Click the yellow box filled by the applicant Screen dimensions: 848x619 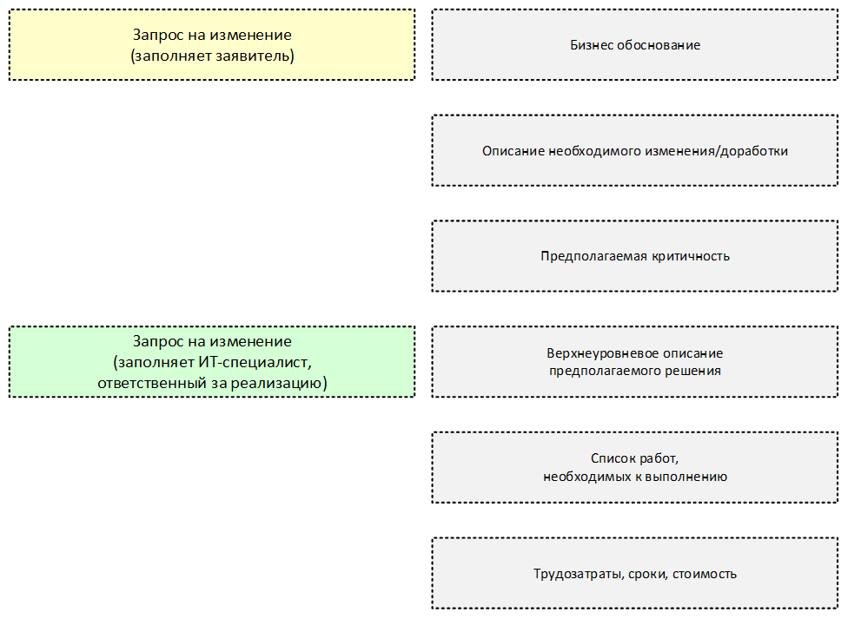[x=212, y=45]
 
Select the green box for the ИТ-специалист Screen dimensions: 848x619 [x=212, y=362]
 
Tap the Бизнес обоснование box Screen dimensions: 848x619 [x=635, y=45]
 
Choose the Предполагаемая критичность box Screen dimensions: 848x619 [x=635, y=256]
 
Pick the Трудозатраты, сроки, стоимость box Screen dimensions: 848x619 [x=635, y=573]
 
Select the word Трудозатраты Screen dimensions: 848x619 [x=578, y=574]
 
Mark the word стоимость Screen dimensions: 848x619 [x=705, y=574]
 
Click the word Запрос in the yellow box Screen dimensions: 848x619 [x=154, y=35]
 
